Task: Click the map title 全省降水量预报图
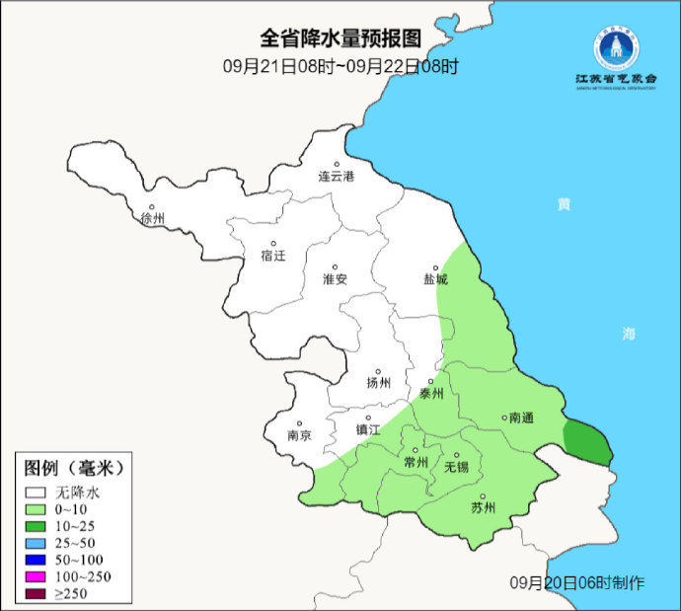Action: tap(340, 38)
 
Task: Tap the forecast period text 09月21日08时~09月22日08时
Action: tap(340, 67)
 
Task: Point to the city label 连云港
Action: tap(335, 176)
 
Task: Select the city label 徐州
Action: tap(153, 218)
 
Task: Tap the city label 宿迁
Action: tap(273, 256)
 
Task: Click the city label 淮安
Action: tap(335, 279)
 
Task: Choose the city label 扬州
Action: tap(378, 383)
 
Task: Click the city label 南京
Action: tap(299, 435)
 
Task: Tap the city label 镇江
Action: tap(367, 430)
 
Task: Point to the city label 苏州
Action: tap(483, 508)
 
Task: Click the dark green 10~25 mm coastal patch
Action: tap(589, 440)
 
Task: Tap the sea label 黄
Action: tap(563, 204)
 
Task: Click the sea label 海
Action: tap(629, 334)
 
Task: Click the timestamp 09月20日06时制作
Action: tap(577, 582)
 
